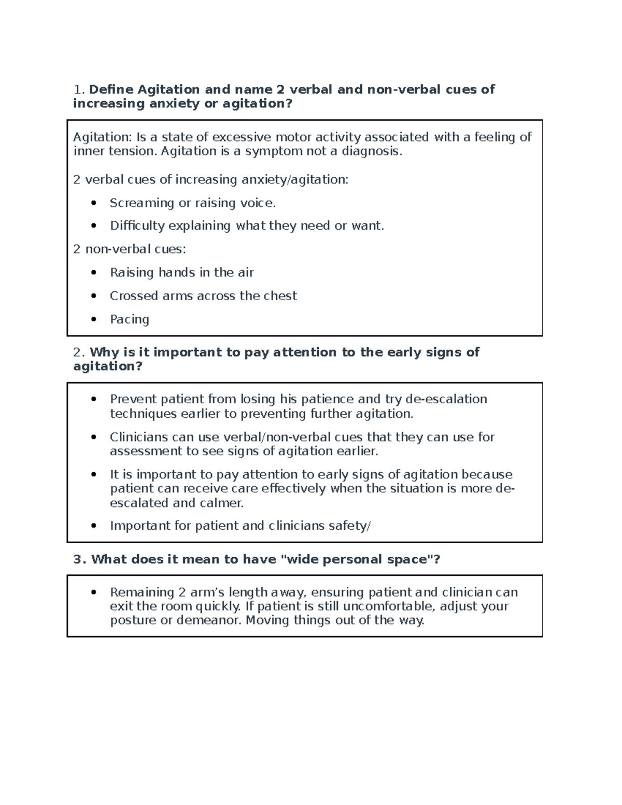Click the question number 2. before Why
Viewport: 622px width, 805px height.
tap(79, 352)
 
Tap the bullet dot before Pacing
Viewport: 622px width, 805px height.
tap(93, 319)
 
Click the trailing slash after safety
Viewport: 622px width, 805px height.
tap(369, 526)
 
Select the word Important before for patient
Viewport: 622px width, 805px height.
tap(140, 526)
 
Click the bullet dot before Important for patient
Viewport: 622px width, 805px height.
tap(93, 526)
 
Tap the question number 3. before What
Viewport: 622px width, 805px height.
tap(79, 560)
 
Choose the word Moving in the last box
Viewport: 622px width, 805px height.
tap(267, 620)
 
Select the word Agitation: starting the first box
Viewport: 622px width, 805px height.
tap(102, 137)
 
